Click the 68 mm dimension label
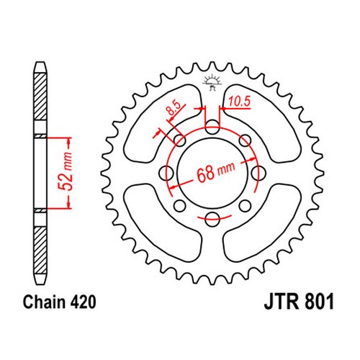215,171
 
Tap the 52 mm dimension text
66,171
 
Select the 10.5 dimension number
239,102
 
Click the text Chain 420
59,302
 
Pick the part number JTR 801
299,302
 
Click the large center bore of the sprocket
212,172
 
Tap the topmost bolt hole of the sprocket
212,127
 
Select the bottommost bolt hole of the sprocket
212,219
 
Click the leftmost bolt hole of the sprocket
166,172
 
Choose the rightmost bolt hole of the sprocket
258,172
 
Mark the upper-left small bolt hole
179,140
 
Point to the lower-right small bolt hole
246,206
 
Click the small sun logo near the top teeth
212,82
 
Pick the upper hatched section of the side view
40,96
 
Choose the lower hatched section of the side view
40,251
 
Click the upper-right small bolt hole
246,140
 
